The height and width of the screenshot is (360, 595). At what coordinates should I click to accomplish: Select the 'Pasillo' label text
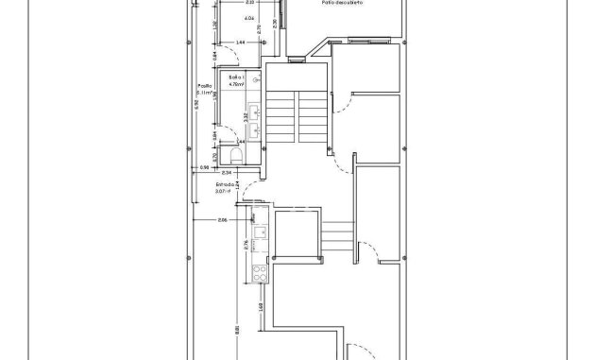click(x=204, y=85)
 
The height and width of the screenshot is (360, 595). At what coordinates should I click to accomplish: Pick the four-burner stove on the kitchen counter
click(x=258, y=274)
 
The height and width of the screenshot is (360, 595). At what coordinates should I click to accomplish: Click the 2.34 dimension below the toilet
click(x=227, y=173)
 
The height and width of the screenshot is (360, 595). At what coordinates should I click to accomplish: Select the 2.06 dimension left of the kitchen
click(x=221, y=220)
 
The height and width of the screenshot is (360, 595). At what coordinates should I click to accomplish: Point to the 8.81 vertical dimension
click(x=237, y=330)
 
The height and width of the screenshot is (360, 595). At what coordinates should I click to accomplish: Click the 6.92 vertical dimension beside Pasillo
click(x=195, y=105)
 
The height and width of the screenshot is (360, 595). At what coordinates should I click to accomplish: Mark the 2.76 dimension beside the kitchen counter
click(x=246, y=246)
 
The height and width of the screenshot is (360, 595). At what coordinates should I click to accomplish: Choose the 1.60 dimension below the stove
click(x=261, y=305)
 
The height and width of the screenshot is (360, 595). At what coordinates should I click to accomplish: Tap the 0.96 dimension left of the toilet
click(x=203, y=168)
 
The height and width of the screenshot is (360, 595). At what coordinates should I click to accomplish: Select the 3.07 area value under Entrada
click(x=222, y=192)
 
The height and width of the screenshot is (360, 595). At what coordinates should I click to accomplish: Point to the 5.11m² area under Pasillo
click(x=203, y=94)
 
